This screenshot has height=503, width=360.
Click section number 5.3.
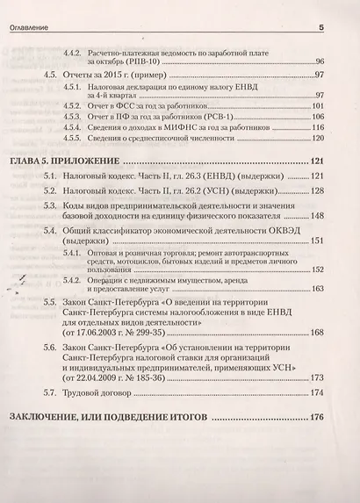pyautogui.click(x=51, y=205)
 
